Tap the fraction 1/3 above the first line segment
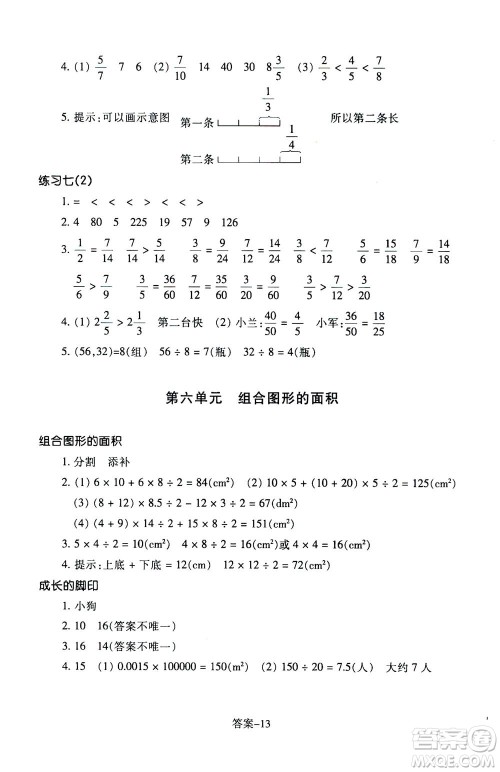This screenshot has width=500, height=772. point(268,100)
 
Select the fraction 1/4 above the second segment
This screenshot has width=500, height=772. point(291,137)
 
